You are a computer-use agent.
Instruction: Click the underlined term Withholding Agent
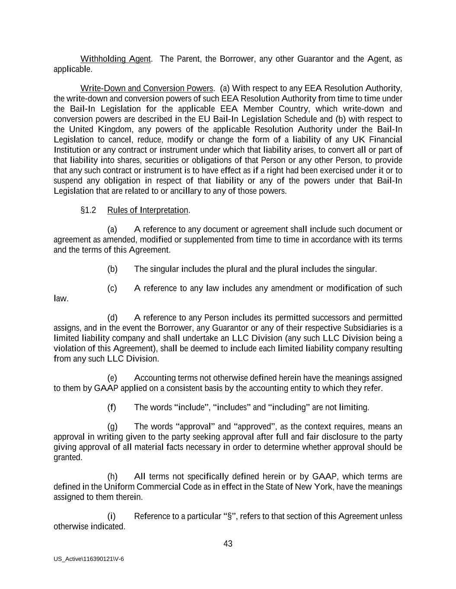click(x=115, y=59)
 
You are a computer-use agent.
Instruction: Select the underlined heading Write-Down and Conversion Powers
click(x=147, y=88)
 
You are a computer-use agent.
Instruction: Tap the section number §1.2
click(x=88, y=210)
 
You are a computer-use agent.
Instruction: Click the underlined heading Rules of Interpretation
click(x=148, y=210)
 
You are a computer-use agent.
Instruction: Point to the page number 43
click(x=228, y=544)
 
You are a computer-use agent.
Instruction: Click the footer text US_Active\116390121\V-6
click(x=89, y=559)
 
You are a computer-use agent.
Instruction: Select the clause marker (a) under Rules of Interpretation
click(x=112, y=229)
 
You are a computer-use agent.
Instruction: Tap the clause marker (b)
click(x=112, y=269)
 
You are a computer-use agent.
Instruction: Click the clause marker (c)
click(x=112, y=288)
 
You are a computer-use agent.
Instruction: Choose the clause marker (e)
click(x=112, y=378)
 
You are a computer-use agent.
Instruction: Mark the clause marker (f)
click(x=112, y=407)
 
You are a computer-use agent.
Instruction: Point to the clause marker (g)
click(x=112, y=427)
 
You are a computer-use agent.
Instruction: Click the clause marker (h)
click(x=112, y=477)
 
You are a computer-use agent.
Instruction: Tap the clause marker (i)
click(x=111, y=517)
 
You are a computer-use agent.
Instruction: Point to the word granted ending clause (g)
click(x=68, y=457)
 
